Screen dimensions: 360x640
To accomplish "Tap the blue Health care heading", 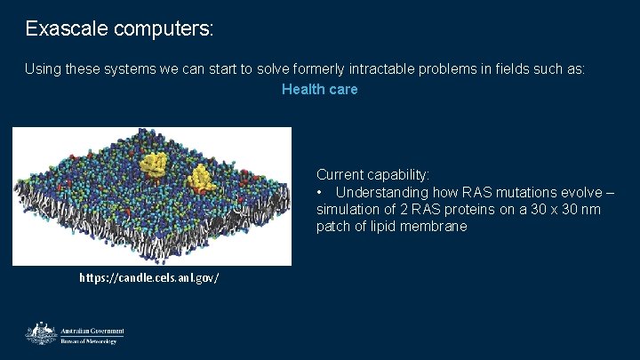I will click(x=319, y=89).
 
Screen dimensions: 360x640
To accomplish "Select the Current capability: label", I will click(x=372, y=175).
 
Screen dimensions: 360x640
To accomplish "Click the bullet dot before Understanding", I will click(x=320, y=193).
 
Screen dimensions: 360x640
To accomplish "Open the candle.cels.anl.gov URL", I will click(x=148, y=278).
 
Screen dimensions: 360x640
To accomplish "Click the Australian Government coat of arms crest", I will click(x=41, y=333).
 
